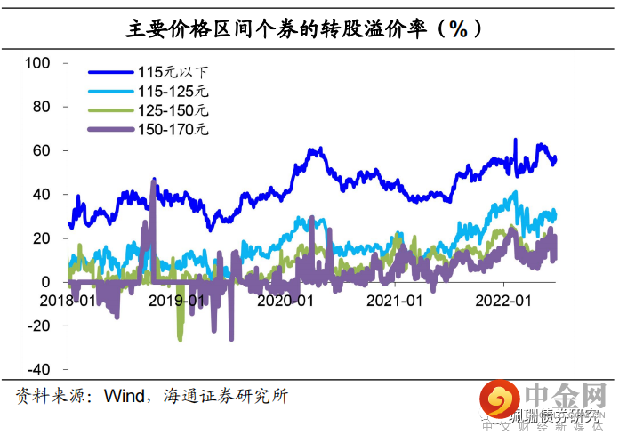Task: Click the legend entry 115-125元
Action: (175, 91)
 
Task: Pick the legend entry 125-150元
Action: (175, 110)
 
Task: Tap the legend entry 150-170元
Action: (175, 130)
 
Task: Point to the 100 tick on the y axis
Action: (39, 63)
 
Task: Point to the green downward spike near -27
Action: (181, 338)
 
